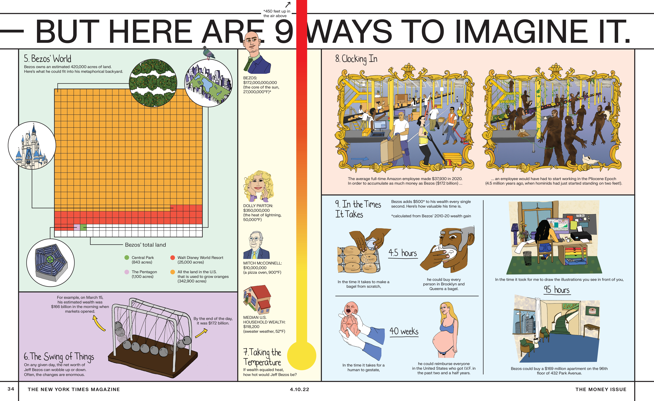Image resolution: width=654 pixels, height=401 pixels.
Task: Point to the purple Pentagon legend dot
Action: point(127,272)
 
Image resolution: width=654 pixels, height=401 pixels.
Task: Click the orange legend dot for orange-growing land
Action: point(173,272)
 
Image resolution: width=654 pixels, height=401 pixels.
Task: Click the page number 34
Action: point(11,389)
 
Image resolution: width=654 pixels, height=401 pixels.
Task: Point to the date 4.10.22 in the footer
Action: point(299,389)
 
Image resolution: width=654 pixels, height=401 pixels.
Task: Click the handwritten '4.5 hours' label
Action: point(403,253)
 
